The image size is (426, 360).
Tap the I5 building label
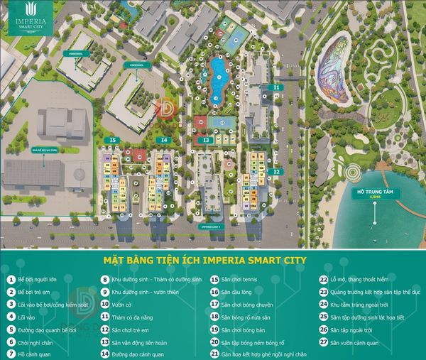[111, 140]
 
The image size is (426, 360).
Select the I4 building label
[164, 140]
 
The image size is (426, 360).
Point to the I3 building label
[205, 141]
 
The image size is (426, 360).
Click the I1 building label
[276, 87]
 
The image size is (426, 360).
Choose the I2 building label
[277, 171]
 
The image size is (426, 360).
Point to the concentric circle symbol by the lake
[353, 171]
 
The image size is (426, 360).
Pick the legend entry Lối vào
[27, 317]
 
